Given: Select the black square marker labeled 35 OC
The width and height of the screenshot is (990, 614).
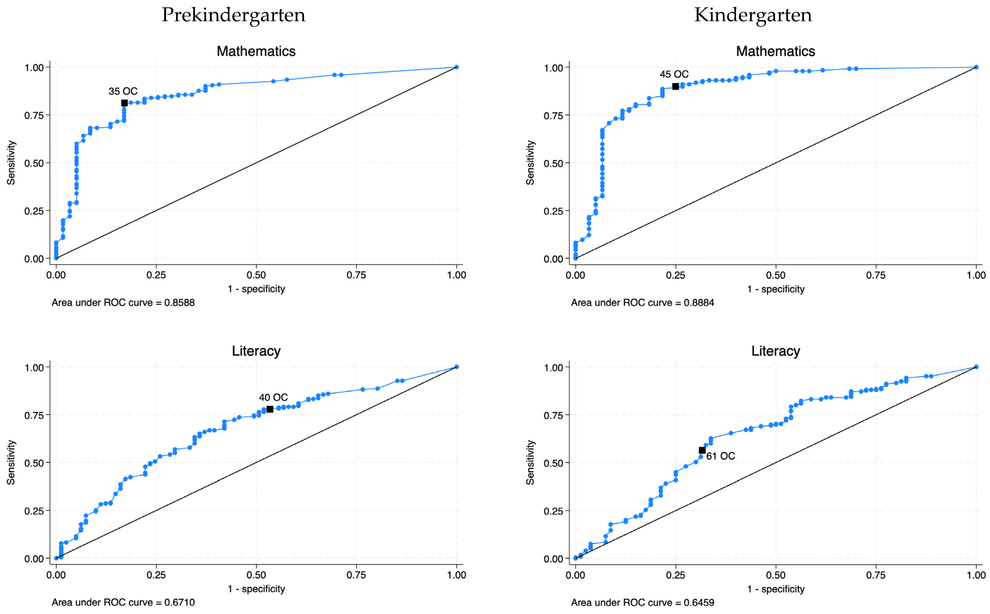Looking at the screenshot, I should (124, 103).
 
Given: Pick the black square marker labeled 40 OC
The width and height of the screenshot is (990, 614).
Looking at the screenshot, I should (269, 409).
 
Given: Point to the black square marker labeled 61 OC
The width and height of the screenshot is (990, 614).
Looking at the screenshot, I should (702, 450).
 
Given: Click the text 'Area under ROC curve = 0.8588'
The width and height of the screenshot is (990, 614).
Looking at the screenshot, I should (123, 303).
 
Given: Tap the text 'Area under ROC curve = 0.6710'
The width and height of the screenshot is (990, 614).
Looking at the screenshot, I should (123, 602).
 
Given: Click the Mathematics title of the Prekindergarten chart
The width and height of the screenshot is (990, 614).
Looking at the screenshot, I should (256, 51).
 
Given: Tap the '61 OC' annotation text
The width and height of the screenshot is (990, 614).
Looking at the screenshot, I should (721, 456).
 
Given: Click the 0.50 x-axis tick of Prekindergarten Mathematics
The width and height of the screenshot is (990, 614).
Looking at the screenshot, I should (256, 275).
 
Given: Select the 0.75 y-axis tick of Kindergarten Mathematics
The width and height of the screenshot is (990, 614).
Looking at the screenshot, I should (553, 116).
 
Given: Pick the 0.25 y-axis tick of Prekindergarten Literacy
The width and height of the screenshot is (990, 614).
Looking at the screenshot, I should (34, 511).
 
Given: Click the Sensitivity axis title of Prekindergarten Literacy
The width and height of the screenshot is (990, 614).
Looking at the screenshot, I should (11, 463).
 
